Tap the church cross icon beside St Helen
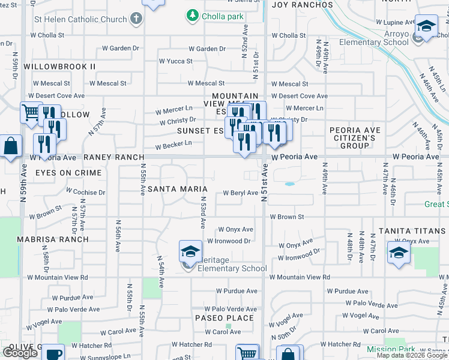click(x=136, y=19)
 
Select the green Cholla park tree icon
click(x=192, y=15)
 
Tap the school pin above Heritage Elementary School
click(x=190, y=251)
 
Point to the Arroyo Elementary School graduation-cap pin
click(x=426, y=26)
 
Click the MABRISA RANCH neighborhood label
click(x=61, y=239)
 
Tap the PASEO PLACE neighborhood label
click(x=224, y=318)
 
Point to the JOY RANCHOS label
click(x=303, y=5)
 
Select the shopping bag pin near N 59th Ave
click(x=11, y=146)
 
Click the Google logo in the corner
click(x=20, y=352)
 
